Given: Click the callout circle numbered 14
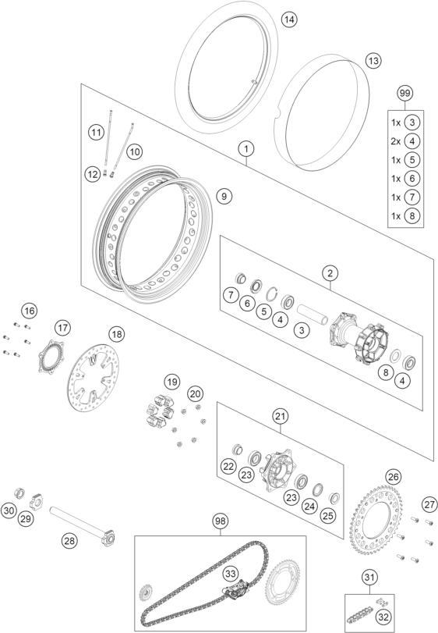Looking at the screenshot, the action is tap(289, 20).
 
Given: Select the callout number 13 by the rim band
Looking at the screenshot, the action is tap(373, 61).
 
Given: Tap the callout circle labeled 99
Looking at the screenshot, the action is tap(404, 93).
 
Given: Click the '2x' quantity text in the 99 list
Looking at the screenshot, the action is tap(396, 141).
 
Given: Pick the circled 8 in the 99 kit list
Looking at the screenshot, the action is tap(412, 215).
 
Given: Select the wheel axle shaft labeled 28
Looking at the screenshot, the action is tap(83, 522).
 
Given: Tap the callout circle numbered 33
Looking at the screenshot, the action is tap(231, 574).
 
